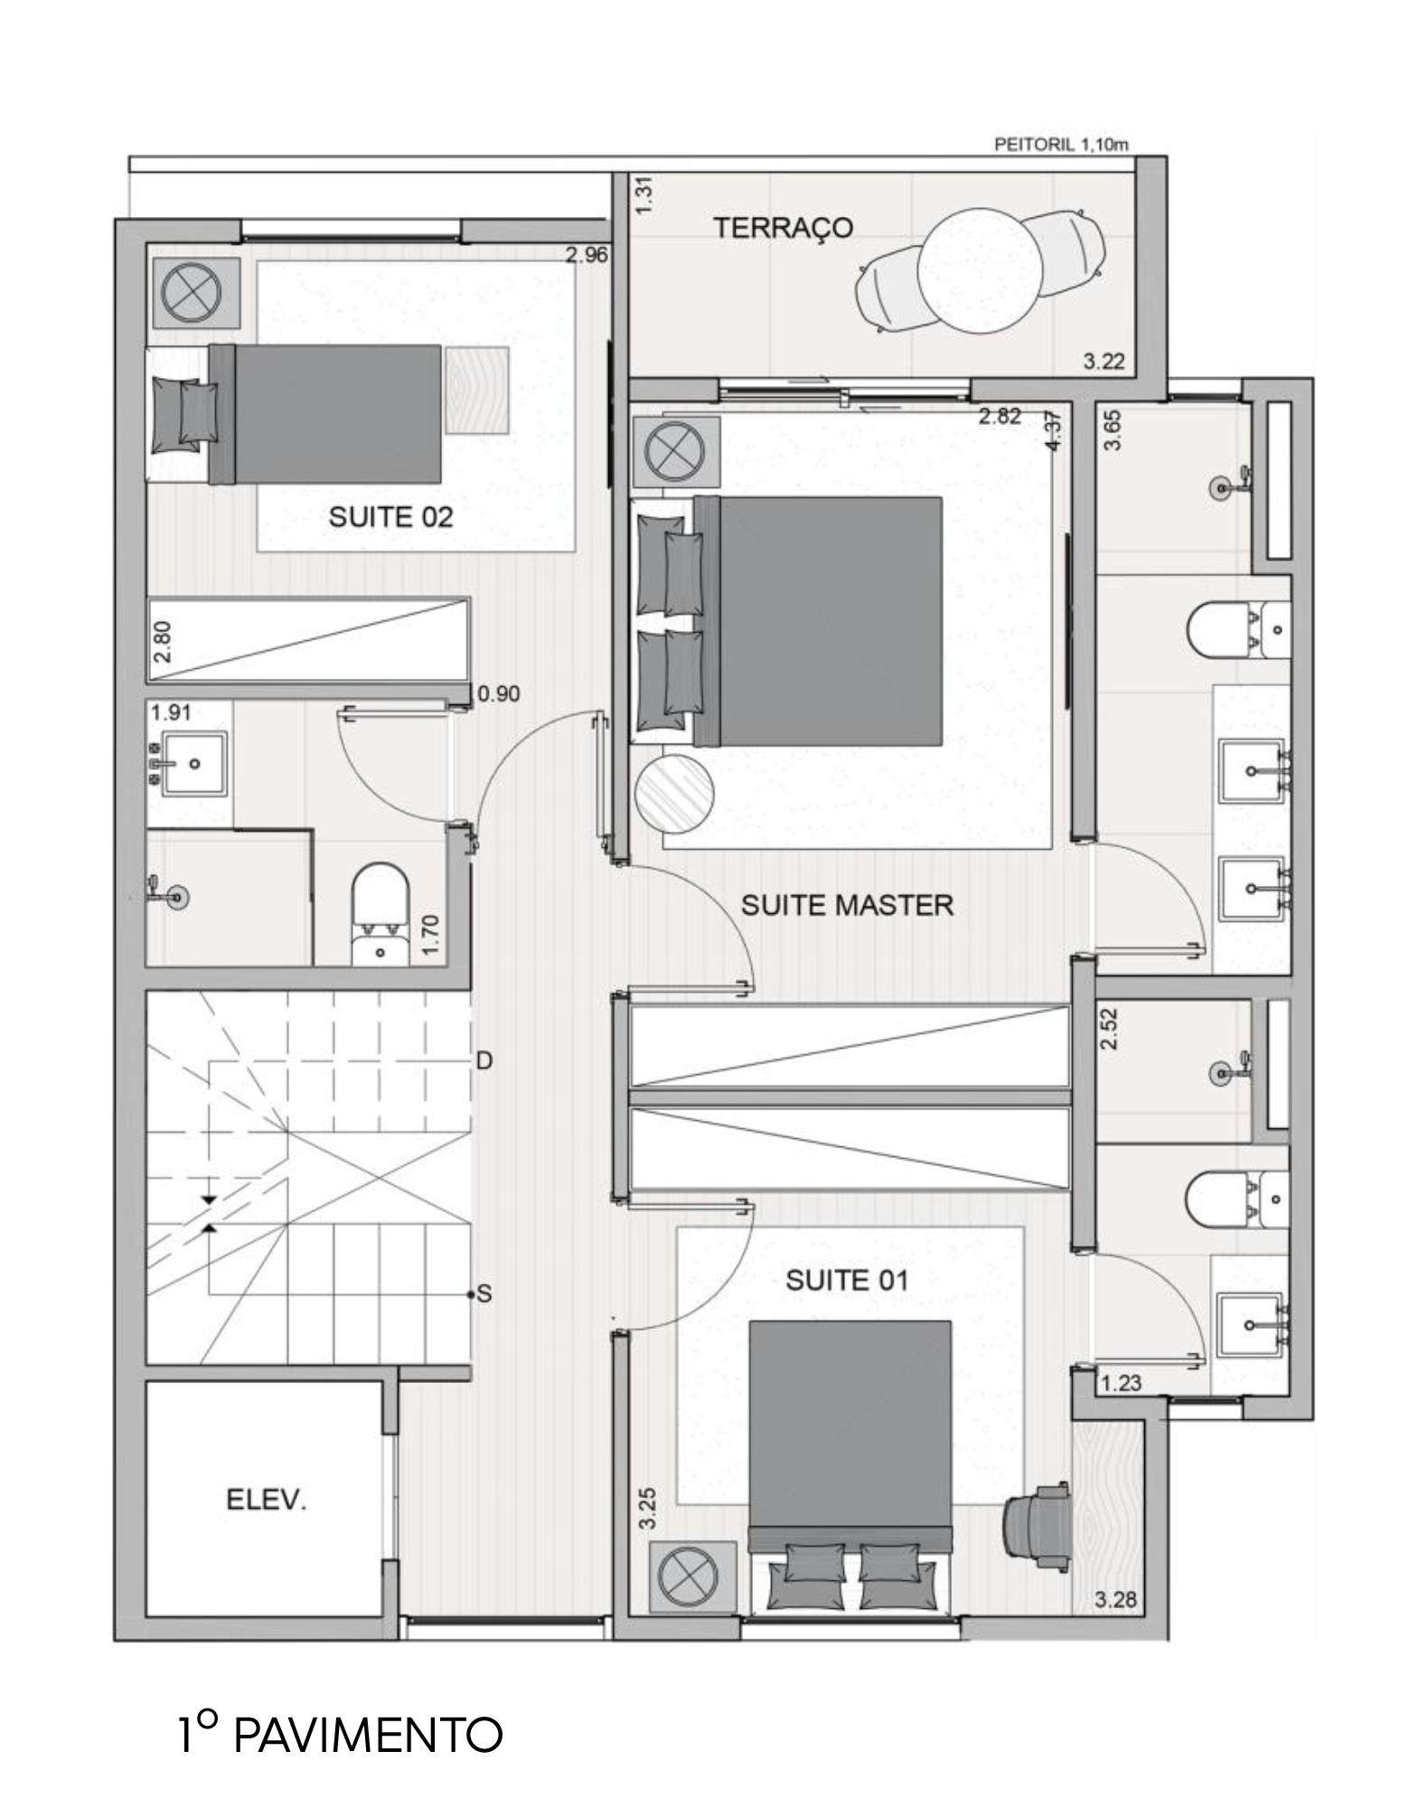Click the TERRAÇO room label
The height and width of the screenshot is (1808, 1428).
pyautogui.click(x=783, y=228)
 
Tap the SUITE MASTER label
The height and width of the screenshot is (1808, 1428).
pyautogui.click(x=847, y=905)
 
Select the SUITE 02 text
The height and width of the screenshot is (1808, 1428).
pyautogui.click(x=390, y=517)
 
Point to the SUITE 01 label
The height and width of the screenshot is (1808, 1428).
pyautogui.click(x=846, y=1280)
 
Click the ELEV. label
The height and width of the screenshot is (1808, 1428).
pyautogui.click(x=266, y=1501)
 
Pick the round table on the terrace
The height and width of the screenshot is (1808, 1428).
pyautogui.click(x=975, y=270)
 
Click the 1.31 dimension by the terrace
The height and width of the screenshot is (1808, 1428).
pyautogui.click(x=644, y=196)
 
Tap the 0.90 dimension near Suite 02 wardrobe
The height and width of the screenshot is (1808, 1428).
pyautogui.click(x=499, y=694)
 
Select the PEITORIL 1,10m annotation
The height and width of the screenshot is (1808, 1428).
pyautogui.click(x=1060, y=144)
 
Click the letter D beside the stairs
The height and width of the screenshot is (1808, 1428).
pyautogui.click(x=484, y=1060)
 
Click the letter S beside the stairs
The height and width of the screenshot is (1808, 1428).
pyautogui.click(x=484, y=1295)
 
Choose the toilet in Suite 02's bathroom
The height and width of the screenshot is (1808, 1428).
pyautogui.click(x=380, y=915)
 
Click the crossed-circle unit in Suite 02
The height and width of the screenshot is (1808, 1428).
pyautogui.click(x=192, y=293)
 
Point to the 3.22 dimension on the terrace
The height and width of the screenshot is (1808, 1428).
pyautogui.click(x=1104, y=362)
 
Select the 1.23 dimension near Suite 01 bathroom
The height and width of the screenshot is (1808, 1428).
pyautogui.click(x=1121, y=1382)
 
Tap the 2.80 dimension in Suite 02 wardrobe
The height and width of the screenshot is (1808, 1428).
pyautogui.click(x=164, y=641)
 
